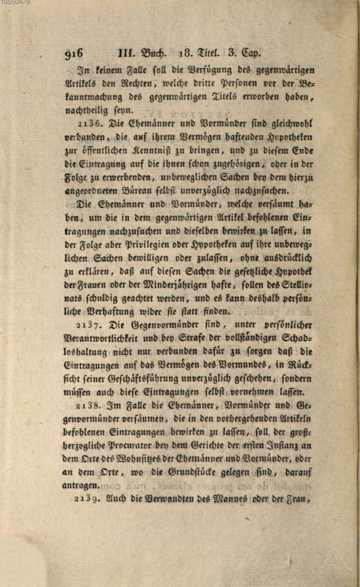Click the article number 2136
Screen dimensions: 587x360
[x=89, y=123]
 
